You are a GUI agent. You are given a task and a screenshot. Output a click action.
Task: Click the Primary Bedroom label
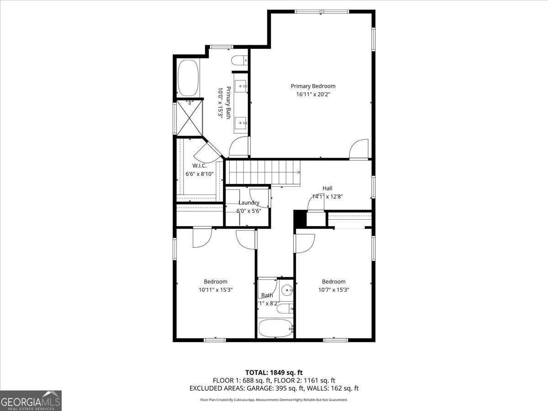coord(313,86)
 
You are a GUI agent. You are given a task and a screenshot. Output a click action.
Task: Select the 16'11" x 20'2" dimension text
coord(313,95)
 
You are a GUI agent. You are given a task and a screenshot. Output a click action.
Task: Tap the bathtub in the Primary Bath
coord(187,78)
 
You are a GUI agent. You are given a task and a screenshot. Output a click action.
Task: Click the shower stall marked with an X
coord(189,117)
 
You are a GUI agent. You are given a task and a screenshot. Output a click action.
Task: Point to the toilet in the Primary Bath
coord(239,60)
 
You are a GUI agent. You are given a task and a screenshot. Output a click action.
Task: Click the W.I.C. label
coord(199,166)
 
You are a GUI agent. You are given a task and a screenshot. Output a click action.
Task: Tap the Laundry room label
coord(249,203)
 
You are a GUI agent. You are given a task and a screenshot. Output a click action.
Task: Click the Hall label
coord(327,188)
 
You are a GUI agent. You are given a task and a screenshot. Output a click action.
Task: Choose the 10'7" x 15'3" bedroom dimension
coord(333,290)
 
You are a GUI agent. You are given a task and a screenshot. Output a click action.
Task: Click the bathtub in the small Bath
coord(275,328)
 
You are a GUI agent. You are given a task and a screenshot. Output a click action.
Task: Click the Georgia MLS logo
coord(31,400)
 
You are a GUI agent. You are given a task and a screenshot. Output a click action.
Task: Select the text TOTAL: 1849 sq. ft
coord(274,372)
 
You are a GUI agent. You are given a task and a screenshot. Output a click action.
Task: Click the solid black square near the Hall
coord(300,218)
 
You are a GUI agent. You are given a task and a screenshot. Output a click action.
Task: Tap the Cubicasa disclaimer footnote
coord(274,400)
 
